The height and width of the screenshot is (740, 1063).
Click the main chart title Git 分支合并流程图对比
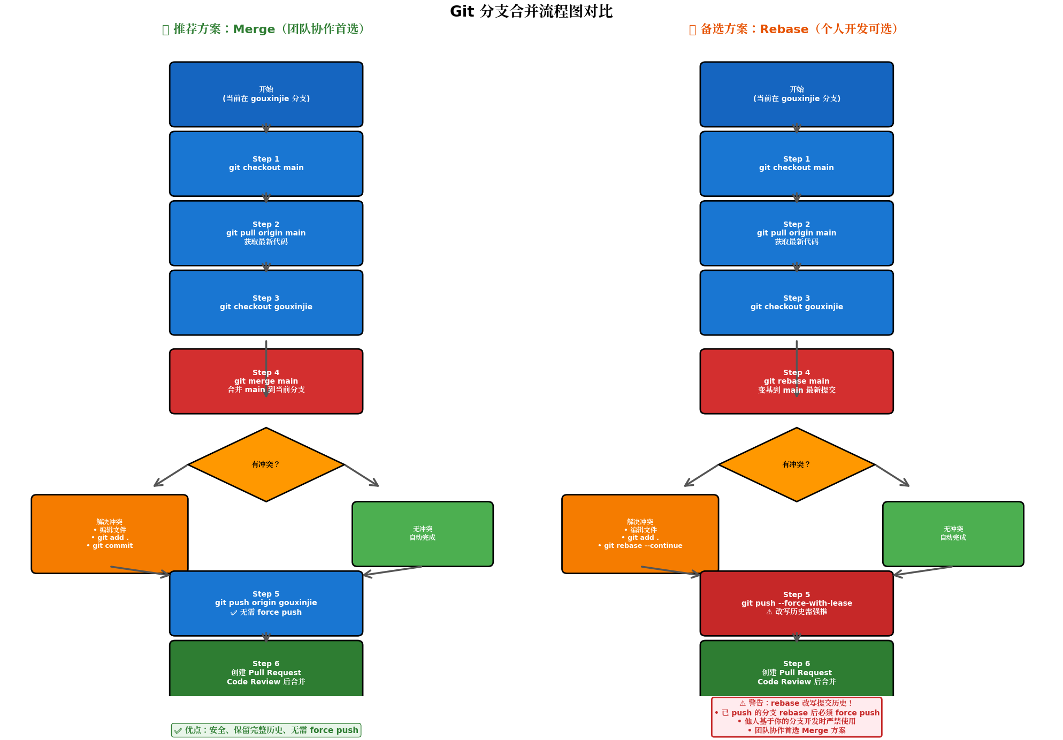pos(531,11)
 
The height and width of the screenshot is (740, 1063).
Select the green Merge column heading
pos(265,29)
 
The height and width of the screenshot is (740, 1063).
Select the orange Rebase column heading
pos(796,29)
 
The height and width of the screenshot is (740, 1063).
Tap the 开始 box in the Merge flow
pos(266,94)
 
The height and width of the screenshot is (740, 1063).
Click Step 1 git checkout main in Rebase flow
pos(796,164)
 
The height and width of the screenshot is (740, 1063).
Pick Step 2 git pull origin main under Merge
pos(266,233)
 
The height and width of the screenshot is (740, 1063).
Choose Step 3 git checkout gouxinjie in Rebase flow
pos(796,302)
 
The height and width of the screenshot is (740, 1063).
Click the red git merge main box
pos(266,381)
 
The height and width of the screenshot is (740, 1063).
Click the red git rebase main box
pos(796,381)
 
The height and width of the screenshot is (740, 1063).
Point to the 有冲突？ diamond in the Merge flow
pos(266,464)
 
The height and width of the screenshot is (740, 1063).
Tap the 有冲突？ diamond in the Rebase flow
pos(796,464)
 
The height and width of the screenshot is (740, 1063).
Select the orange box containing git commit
pos(109,533)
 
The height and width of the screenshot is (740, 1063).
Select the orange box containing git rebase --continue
pos(640,533)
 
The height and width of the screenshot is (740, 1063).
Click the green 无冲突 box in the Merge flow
pos(422,533)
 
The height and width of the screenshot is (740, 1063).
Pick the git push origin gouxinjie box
pos(266,603)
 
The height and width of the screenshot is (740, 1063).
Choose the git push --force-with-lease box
pos(796,603)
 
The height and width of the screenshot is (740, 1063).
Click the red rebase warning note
pos(796,717)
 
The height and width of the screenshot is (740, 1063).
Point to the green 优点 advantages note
pos(266,730)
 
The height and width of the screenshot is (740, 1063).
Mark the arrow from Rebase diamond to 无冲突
pos(892,475)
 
